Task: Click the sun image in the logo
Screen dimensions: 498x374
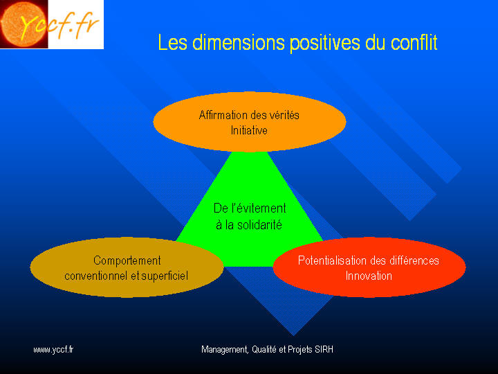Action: click(24, 24)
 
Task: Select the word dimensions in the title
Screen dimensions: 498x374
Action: click(238, 42)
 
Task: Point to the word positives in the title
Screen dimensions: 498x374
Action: click(324, 44)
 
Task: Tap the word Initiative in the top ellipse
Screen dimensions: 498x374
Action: click(249, 130)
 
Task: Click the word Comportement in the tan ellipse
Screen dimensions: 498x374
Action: click(127, 261)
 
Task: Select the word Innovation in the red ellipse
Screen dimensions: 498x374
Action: click(369, 276)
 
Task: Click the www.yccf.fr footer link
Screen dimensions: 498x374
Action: click(53, 350)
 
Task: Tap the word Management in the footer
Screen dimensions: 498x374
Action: click(225, 350)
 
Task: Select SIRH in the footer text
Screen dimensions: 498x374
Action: click(324, 350)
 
